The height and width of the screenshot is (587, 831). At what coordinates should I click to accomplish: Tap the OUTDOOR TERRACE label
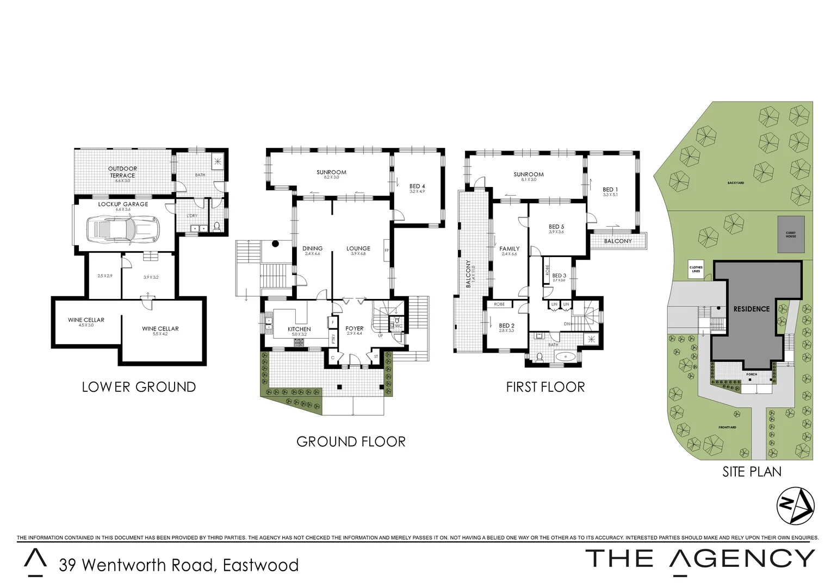pyautogui.click(x=122, y=172)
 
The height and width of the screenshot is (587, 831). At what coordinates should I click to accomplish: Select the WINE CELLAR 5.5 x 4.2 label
pyautogui.click(x=160, y=329)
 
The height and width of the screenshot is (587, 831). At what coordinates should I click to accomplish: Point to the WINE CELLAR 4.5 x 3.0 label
pyautogui.click(x=86, y=321)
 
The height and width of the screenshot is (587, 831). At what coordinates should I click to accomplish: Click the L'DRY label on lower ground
pyautogui.click(x=192, y=216)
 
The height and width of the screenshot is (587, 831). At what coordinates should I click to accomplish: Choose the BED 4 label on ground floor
pyautogui.click(x=417, y=187)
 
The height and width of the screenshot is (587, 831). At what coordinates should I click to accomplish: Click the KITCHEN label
pyautogui.click(x=299, y=329)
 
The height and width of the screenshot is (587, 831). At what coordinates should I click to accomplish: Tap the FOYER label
pyautogui.click(x=354, y=329)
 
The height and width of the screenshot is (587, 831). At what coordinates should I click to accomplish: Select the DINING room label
pyautogui.click(x=313, y=249)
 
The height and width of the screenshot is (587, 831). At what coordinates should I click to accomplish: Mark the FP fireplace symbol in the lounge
pyautogui.click(x=387, y=251)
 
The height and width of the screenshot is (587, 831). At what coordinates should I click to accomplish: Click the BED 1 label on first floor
pyautogui.click(x=610, y=190)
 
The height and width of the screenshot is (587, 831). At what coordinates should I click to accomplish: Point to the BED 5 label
pyautogui.click(x=556, y=227)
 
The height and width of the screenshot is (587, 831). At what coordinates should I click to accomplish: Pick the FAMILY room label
pyautogui.click(x=510, y=249)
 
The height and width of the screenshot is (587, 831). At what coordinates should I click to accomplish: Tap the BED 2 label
pyautogui.click(x=506, y=326)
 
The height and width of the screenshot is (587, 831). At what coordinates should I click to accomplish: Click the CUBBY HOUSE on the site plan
pyautogui.click(x=790, y=234)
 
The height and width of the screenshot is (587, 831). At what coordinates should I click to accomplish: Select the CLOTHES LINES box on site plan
pyautogui.click(x=696, y=269)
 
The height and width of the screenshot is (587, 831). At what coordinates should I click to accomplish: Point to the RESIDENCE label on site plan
pyautogui.click(x=752, y=309)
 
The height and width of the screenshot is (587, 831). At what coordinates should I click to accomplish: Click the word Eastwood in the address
pyautogui.click(x=261, y=565)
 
